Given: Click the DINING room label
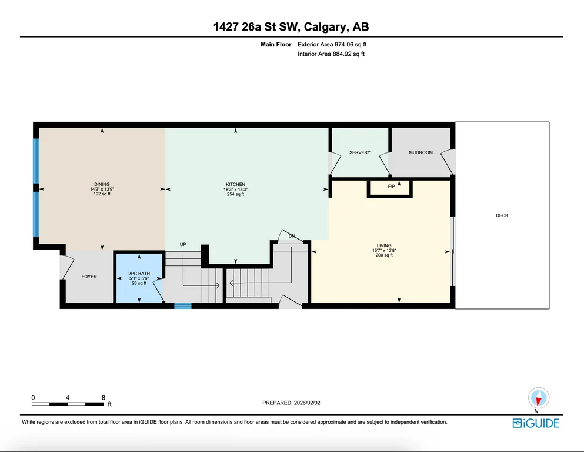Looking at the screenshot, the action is pyautogui.click(x=102, y=184).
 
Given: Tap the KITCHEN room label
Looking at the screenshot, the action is pyautogui.click(x=235, y=184).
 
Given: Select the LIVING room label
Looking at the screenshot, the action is pyautogui.click(x=384, y=245).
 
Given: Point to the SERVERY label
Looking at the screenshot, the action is pyautogui.click(x=360, y=152).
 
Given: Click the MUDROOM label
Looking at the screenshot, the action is pyautogui.click(x=421, y=152).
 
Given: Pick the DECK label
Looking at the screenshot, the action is pyautogui.click(x=502, y=215).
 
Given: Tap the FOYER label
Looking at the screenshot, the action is pyautogui.click(x=89, y=277).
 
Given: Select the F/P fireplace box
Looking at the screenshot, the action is pyautogui.click(x=390, y=188).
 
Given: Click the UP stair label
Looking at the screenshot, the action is pyautogui.click(x=183, y=244).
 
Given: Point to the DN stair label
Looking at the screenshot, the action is pyautogui.click(x=292, y=236).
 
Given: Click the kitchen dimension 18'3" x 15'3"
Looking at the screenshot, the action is pyautogui.click(x=235, y=190).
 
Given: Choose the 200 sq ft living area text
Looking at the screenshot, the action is pyautogui.click(x=384, y=255).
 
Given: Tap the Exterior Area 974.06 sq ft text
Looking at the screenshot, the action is pyautogui.click(x=332, y=44).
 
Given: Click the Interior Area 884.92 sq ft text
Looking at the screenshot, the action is pyautogui.click(x=331, y=54).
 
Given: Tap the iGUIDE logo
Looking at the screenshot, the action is pyautogui.click(x=536, y=423).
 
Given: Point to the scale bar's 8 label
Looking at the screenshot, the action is pyautogui.click(x=103, y=398).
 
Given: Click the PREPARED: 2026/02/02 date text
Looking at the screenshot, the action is pyautogui.click(x=291, y=403).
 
